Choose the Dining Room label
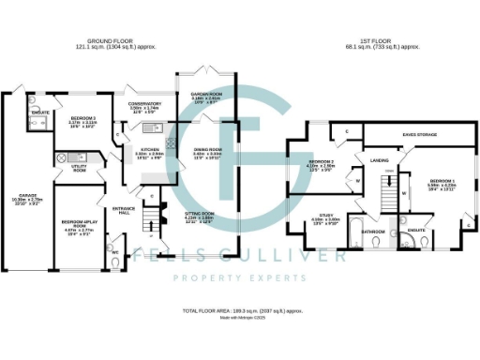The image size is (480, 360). point(207,149)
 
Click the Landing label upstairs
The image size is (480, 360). point(379,160)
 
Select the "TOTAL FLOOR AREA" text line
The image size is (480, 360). point(242,308)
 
